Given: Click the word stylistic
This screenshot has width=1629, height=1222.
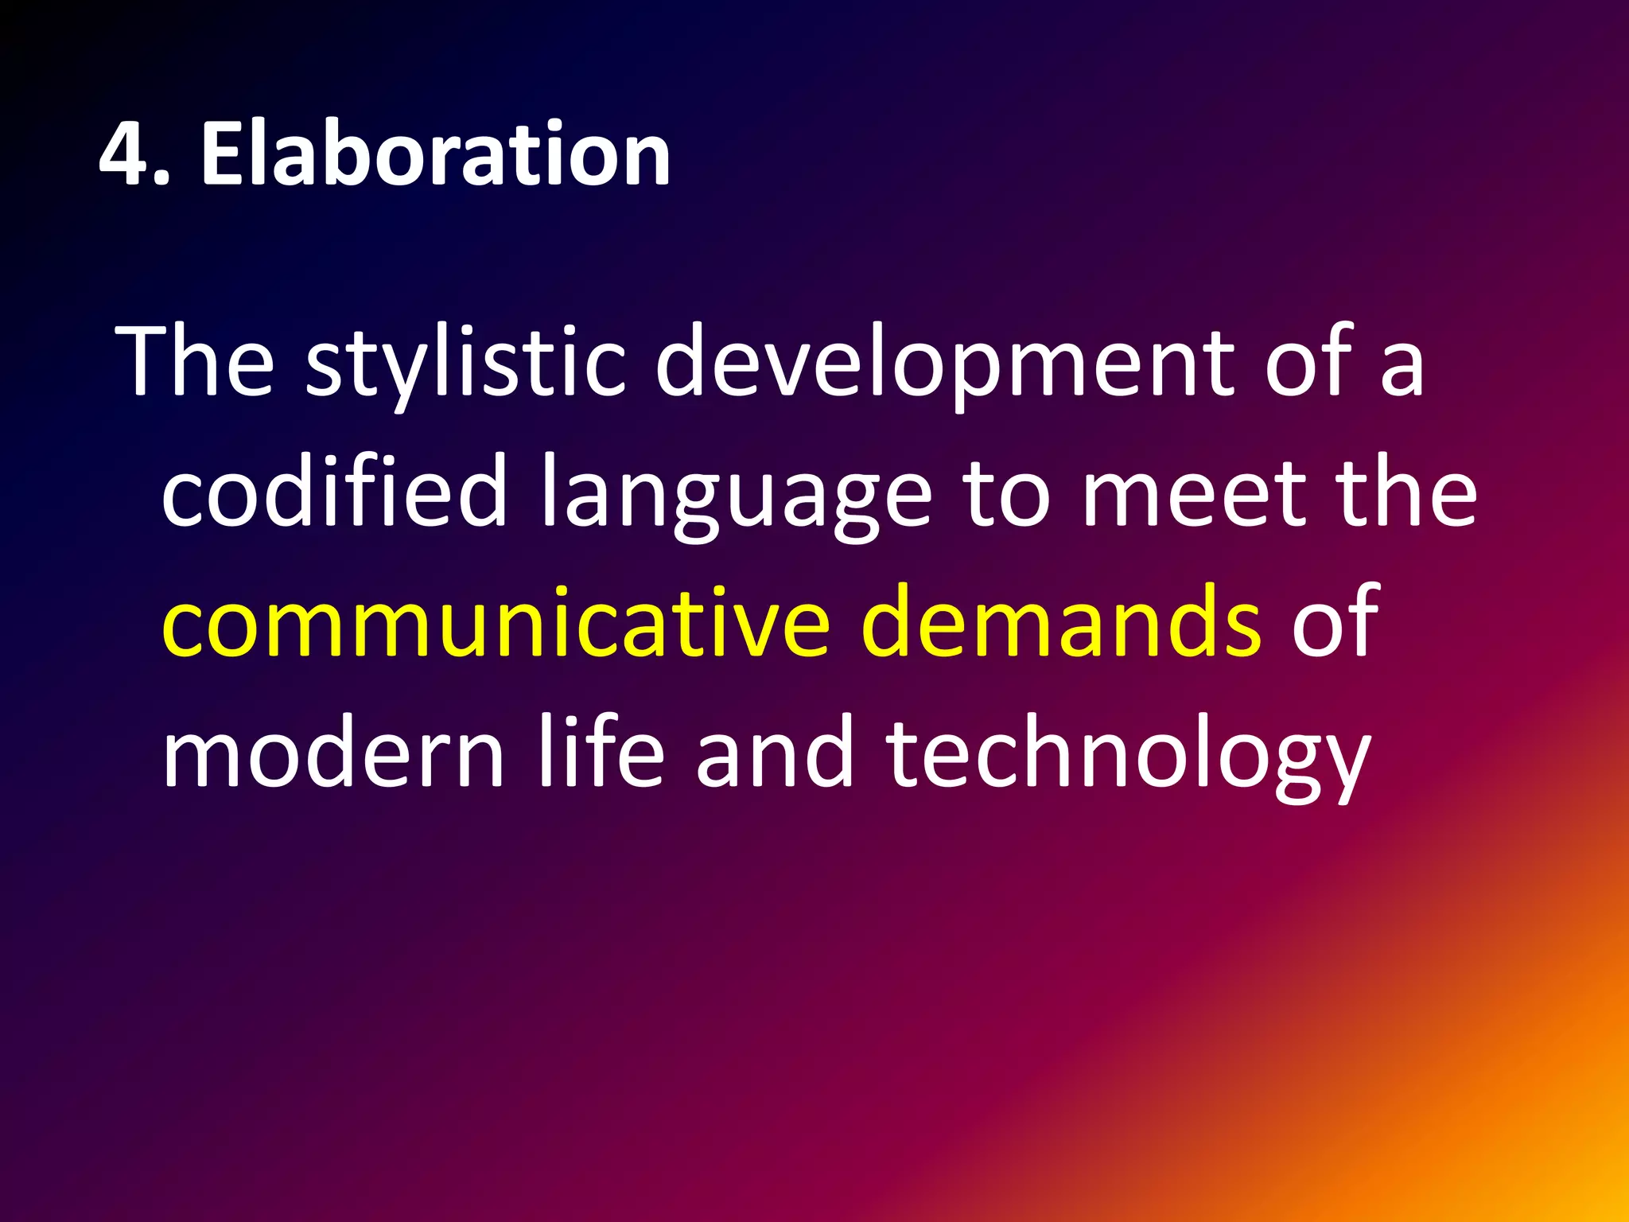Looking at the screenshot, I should coord(465,362).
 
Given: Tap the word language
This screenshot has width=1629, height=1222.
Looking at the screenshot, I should coord(736,497).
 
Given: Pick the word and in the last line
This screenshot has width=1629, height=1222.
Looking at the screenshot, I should coord(775,752).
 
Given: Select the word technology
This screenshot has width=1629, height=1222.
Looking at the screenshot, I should coord(1129,756).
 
